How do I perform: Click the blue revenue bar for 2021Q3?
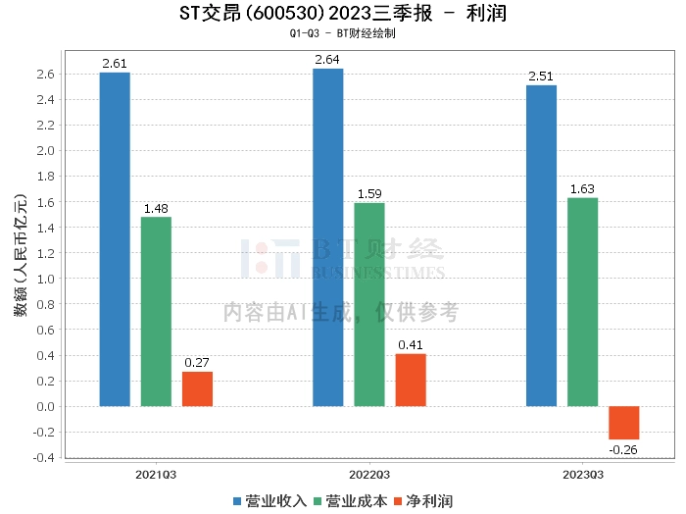115,239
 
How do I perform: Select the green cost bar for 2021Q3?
156,311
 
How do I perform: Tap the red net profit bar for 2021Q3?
197,388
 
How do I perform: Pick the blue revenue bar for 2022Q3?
328,237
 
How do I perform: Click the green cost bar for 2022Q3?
369,304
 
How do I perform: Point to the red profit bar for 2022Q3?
411,380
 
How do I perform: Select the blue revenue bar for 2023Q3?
541,245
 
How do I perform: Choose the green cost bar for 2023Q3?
582,302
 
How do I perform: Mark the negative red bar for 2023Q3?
623,423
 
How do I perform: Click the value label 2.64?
328,59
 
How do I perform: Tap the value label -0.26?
623,449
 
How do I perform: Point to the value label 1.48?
156,208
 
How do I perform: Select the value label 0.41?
411,344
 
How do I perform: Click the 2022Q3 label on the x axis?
369,473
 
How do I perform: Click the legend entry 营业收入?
270,500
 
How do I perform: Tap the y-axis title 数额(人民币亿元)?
20,265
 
